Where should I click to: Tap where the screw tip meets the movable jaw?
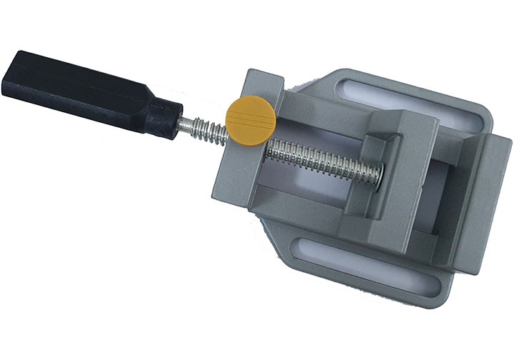point(377,171)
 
